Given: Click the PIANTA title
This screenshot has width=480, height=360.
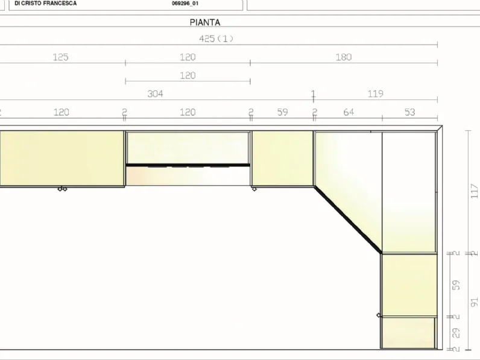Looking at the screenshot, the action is tap(205, 22).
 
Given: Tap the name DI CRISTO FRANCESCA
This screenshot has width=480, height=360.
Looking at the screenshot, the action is tap(46, 4).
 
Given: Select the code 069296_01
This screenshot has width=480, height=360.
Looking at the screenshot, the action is tap(185, 4).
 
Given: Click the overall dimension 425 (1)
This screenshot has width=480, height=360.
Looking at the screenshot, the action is tap(216, 39).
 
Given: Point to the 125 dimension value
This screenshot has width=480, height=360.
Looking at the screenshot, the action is tap(61, 57).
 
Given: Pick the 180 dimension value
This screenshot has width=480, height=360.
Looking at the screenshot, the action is tap(344, 57).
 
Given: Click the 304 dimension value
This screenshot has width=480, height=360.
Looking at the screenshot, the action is tap(155, 93).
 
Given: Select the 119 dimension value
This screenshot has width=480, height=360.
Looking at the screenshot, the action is tap(375, 93).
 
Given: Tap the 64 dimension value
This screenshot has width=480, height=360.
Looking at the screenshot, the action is tap(349, 112).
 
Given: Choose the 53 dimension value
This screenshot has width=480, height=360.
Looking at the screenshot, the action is tap(410, 112).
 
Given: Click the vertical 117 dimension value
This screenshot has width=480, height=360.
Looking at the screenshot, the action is tap(474, 191).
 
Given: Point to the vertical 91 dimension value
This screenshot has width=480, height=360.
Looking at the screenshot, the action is tap(474, 302).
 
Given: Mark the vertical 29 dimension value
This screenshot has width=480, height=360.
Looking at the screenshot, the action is tap(456, 333).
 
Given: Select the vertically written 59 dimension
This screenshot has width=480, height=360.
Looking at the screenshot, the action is tap(456, 285).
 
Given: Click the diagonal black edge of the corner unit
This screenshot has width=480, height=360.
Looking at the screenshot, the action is tap(348, 219).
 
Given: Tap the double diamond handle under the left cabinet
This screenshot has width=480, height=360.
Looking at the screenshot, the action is tap(63, 189).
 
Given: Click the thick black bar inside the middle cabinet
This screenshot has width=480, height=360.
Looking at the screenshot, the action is tap(188, 165).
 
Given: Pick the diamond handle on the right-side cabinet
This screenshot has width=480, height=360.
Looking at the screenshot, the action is tap(379, 315).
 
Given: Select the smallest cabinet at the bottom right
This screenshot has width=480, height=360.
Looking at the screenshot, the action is tap(408, 333).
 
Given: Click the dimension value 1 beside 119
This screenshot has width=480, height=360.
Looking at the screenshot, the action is tap(313, 93).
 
